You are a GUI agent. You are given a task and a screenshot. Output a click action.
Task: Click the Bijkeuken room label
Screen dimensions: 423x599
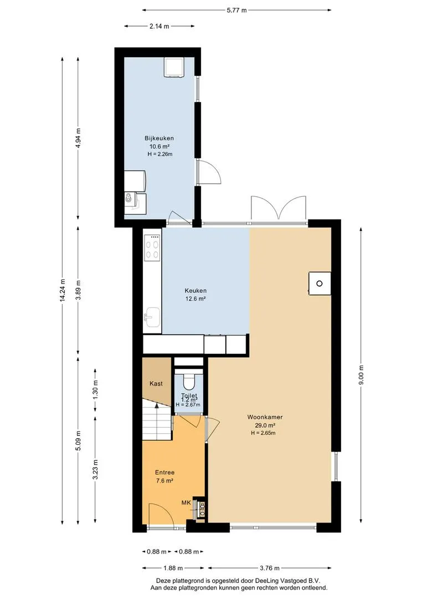click(159, 138)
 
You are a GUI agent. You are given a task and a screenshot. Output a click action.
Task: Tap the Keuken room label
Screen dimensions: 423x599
click(195, 291)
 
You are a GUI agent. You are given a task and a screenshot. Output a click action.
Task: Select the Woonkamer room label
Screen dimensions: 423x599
click(265, 417)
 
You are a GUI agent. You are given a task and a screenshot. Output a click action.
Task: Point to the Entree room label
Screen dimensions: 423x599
click(165, 473)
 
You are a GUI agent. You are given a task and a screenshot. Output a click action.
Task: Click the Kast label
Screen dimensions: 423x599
click(156, 384)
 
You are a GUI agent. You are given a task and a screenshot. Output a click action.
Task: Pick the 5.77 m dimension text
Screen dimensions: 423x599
click(236, 11)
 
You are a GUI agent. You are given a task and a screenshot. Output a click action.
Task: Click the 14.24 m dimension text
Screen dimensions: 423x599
click(63, 290)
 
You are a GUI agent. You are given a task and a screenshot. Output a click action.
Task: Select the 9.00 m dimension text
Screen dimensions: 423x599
click(361, 375)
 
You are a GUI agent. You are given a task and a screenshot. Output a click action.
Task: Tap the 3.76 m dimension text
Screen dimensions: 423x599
click(269, 568)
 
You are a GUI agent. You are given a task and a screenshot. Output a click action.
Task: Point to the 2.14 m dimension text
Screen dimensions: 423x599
click(159, 27)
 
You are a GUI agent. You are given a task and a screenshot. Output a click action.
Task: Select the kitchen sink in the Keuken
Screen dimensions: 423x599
click(152, 317)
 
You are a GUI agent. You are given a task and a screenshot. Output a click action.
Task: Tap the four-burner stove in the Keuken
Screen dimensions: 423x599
click(152, 247)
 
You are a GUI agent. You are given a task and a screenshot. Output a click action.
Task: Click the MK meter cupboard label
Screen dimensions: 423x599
click(186, 502)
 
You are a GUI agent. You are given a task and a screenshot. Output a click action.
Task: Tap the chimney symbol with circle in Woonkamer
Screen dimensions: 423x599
click(319, 283)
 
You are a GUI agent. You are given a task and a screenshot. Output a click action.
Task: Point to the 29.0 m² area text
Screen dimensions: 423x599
click(265, 425)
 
